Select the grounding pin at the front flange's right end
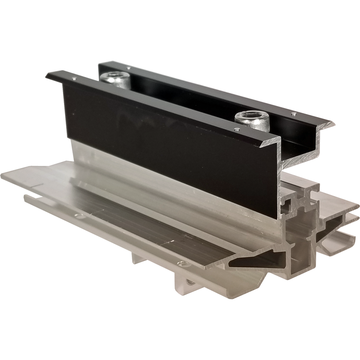pos(237,129)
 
